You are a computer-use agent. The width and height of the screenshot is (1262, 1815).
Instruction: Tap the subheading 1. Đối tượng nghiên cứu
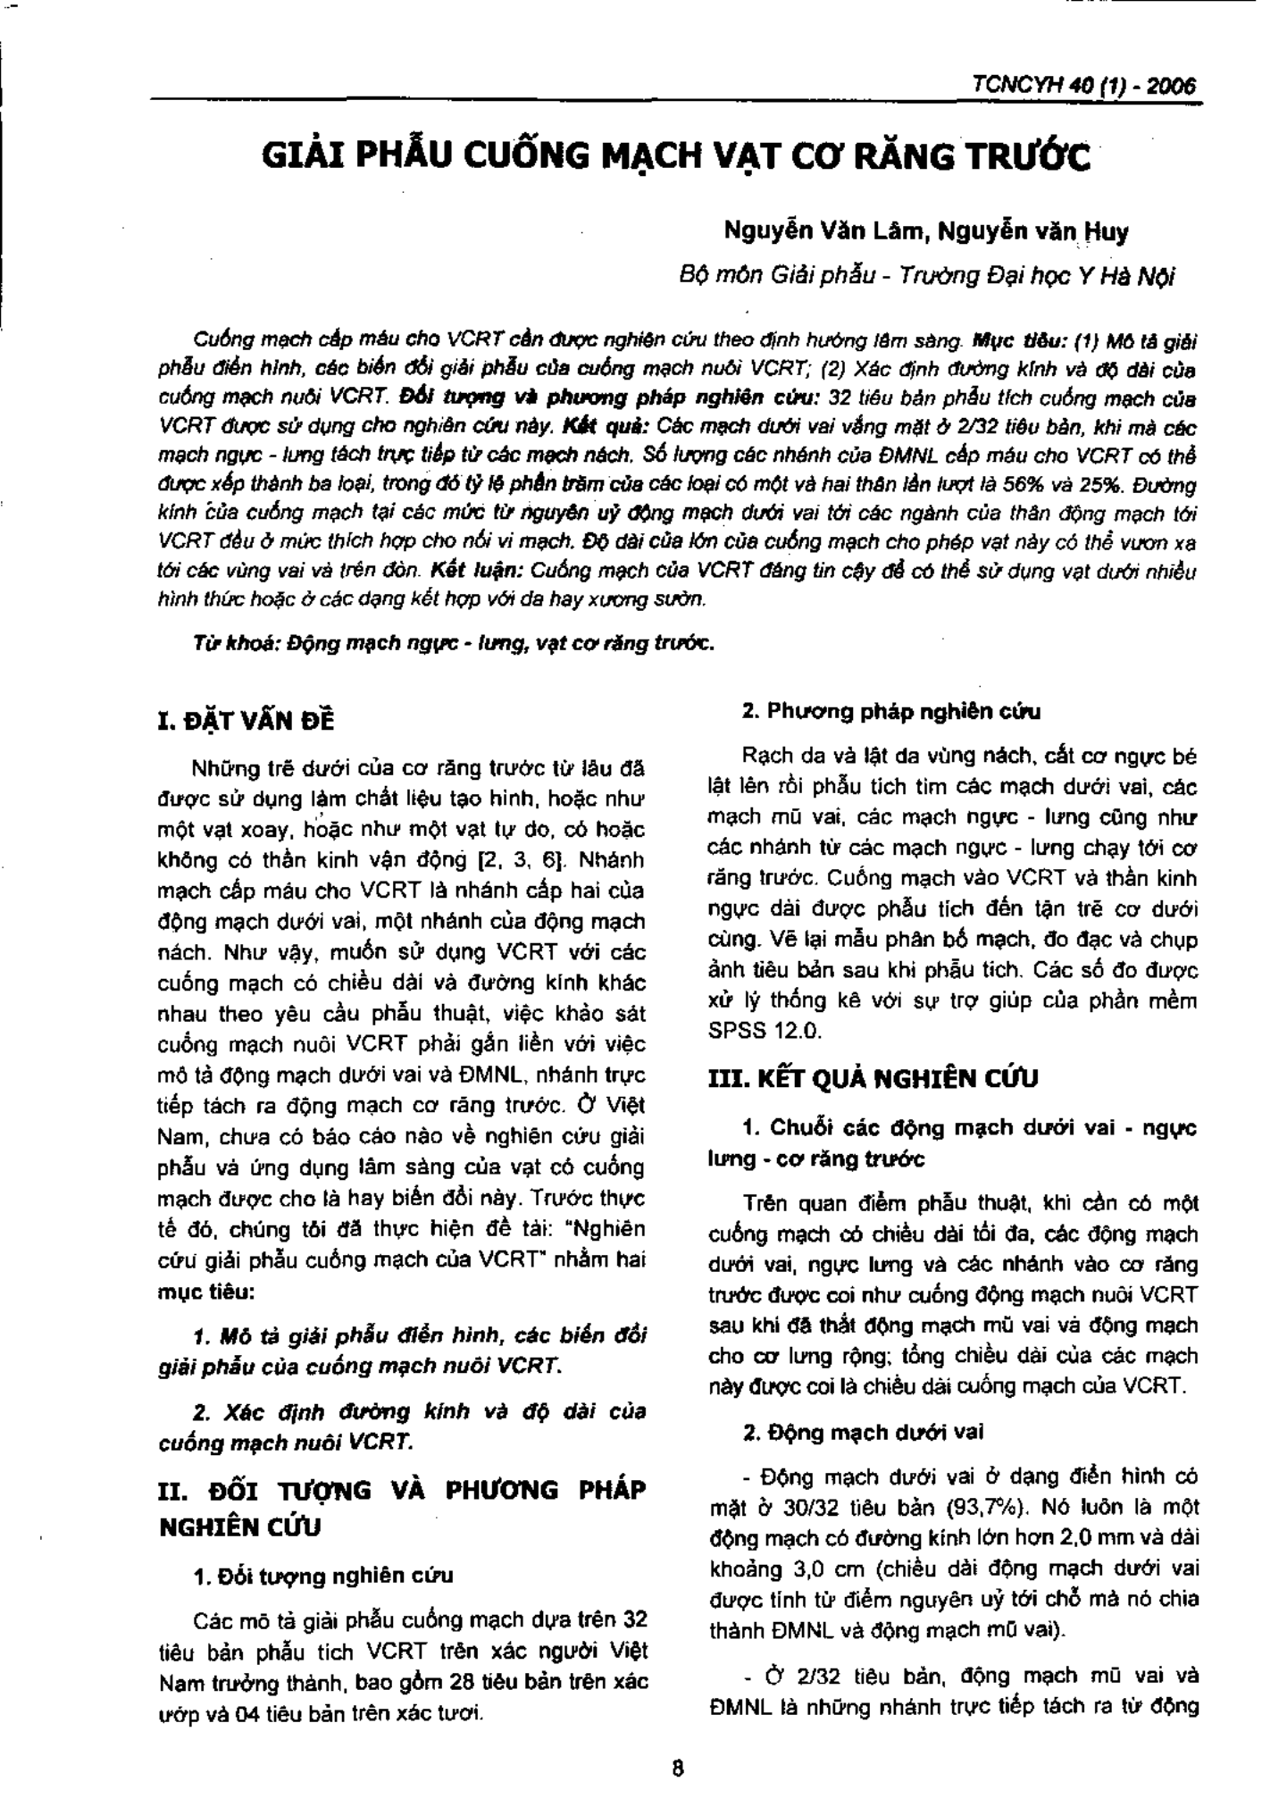coord(323,1575)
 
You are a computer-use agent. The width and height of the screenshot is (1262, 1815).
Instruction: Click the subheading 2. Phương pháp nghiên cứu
coord(892,712)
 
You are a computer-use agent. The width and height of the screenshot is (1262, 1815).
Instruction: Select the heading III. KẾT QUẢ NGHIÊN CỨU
coord(873,1079)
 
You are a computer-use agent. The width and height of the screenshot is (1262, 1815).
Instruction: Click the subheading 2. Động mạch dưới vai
coord(864,1432)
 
